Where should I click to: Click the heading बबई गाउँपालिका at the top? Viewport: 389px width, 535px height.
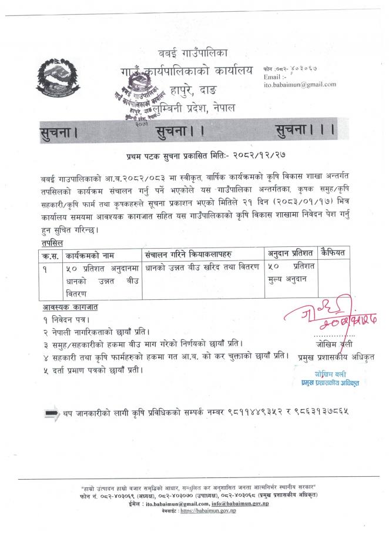pyautogui.click(x=195, y=53)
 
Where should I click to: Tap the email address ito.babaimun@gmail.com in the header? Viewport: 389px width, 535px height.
pyautogui.click(x=300, y=85)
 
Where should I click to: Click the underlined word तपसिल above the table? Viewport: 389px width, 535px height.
pyautogui.click(x=52, y=242)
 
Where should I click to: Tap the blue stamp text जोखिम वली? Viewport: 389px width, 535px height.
pyautogui.click(x=328, y=374)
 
